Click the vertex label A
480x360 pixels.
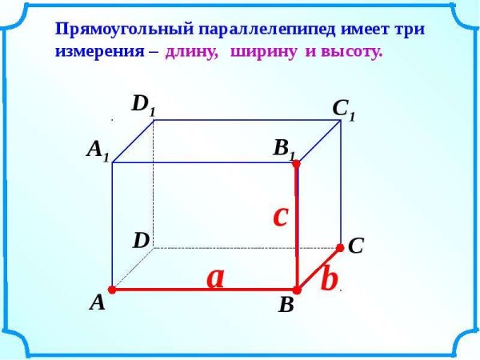(98, 302)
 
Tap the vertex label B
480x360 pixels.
(286, 306)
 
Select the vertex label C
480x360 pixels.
(356, 247)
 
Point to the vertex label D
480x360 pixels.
(142, 240)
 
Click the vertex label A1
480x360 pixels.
(98, 150)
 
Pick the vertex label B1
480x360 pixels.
(285, 149)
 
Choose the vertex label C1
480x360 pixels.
(343, 110)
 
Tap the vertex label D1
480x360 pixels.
(144, 104)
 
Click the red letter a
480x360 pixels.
(215, 277)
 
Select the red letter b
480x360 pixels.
(328, 279)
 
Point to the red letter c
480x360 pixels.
(280, 215)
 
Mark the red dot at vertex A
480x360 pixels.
(113, 290)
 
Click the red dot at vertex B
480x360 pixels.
(296, 290)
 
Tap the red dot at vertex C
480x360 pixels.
(340, 247)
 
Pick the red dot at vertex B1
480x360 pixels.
(296, 163)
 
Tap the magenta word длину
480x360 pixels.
(192, 51)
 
